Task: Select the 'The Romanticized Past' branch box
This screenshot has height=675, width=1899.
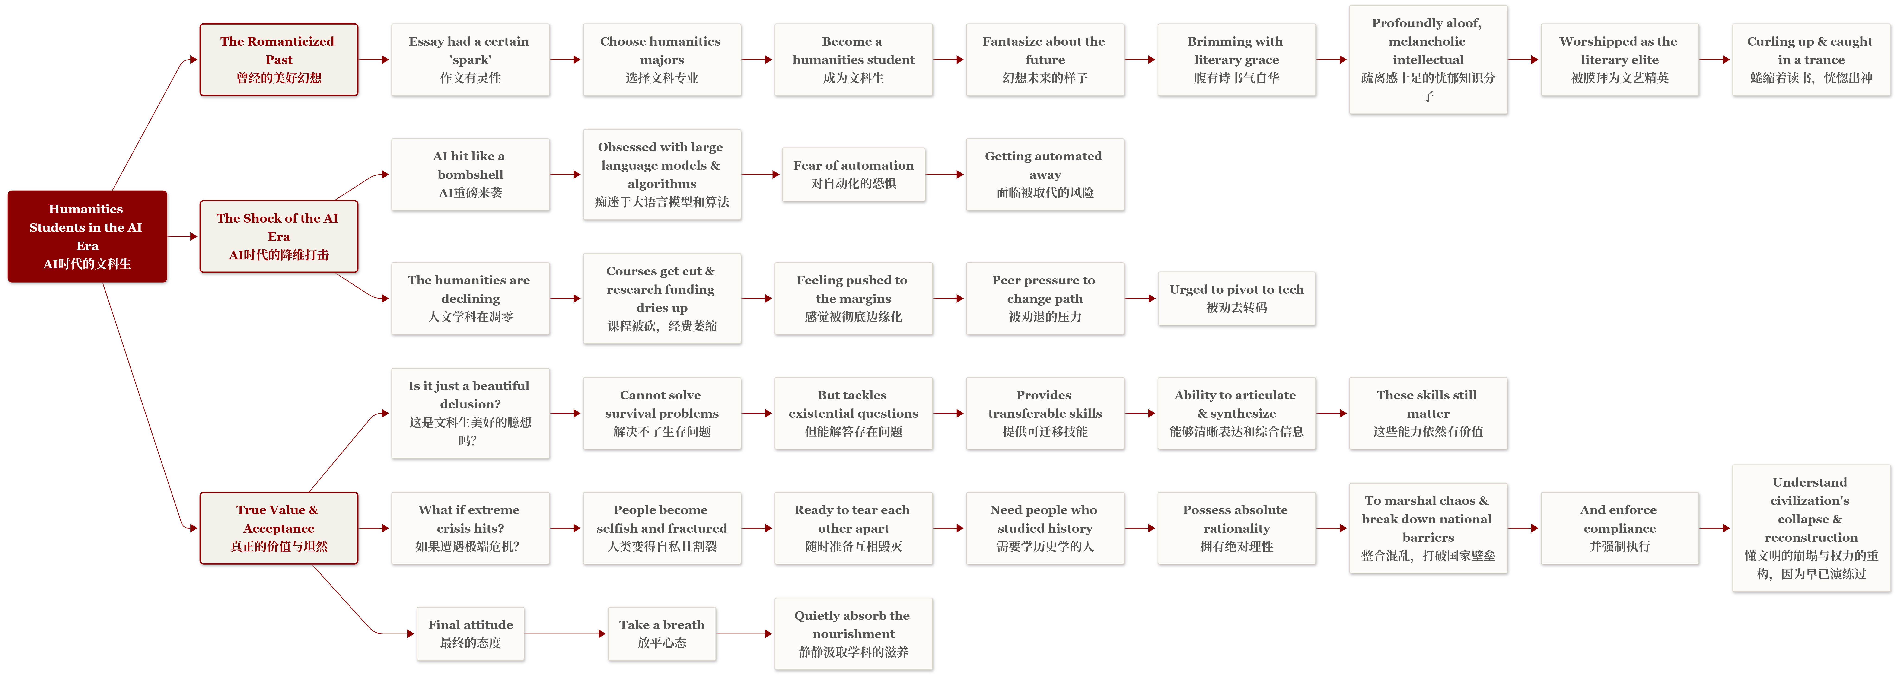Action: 279,60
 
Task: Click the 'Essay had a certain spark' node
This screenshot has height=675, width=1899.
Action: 470,60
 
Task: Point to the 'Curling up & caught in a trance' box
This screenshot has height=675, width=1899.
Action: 1811,60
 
